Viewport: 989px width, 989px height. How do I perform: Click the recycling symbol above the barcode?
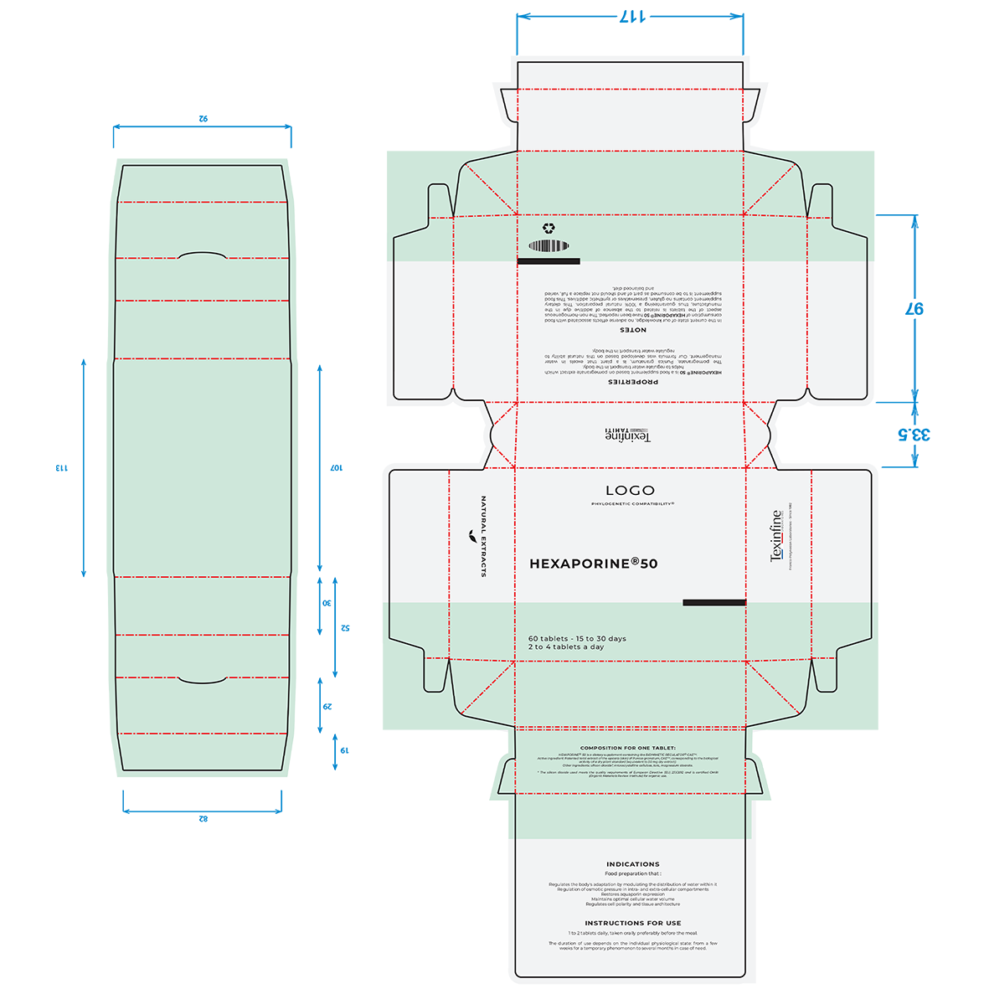click(549, 228)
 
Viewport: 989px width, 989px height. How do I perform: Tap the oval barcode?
click(549, 246)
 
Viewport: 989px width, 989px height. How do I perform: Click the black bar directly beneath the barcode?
click(549, 261)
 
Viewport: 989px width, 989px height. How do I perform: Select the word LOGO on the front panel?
click(630, 491)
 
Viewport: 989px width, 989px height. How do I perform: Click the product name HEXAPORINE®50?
click(593, 564)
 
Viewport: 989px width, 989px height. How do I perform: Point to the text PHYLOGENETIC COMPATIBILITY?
click(632, 504)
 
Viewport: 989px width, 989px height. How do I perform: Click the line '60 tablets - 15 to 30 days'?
click(577, 638)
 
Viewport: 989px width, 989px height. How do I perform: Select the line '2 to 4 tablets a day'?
click(565, 647)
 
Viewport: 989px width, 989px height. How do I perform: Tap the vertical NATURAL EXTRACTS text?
click(483, 537)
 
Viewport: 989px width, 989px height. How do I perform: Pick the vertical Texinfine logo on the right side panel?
click(776, 536)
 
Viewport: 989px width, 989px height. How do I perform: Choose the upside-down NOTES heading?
click(632, 330)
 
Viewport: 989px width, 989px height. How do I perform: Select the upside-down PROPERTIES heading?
click(632, 382)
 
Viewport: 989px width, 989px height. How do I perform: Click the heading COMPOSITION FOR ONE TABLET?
click(628, 748)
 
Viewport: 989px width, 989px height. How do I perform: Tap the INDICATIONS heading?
click(632, 864)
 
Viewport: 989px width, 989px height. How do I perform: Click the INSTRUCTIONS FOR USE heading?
click(632, 923)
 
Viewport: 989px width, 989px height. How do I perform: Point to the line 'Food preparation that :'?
click(632, 874)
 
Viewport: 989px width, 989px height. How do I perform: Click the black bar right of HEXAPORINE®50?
click(713, 602)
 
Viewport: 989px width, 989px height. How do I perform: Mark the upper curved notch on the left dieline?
click(202, 255)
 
